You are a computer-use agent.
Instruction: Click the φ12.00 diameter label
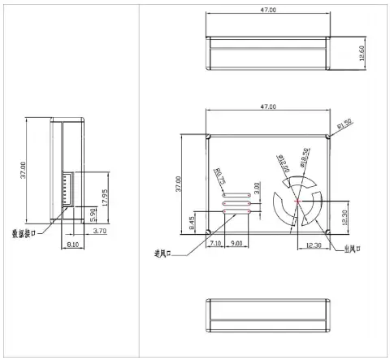[285, 167]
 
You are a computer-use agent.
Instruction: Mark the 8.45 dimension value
[192, 223]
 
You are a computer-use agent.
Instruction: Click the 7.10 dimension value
[215, 243]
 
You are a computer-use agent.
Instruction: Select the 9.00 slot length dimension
[236, 243]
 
